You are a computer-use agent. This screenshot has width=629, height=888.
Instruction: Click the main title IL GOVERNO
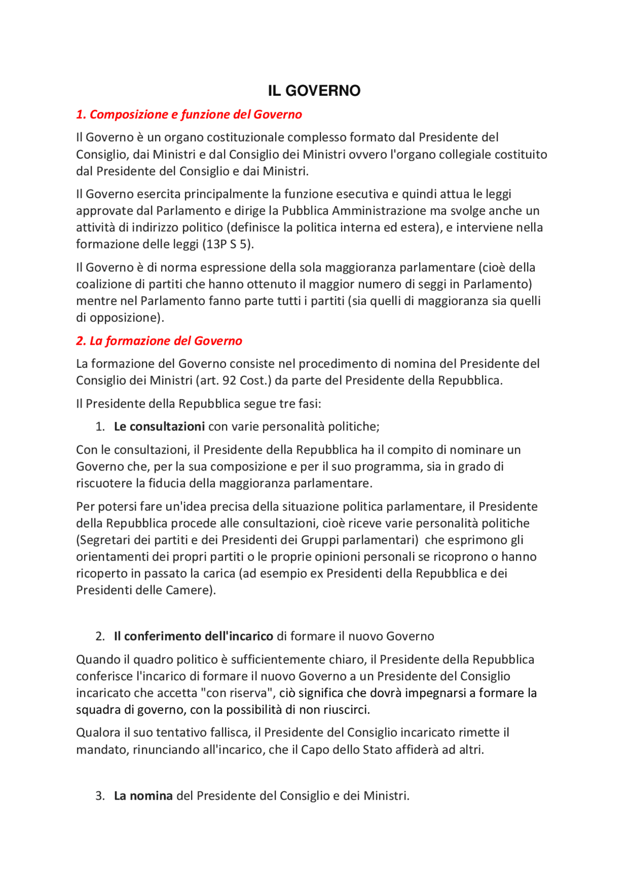click(314, 91)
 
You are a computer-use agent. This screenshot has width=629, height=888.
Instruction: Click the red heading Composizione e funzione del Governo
click(189, 114)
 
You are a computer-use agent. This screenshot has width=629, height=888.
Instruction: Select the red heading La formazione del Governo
click(159, 341)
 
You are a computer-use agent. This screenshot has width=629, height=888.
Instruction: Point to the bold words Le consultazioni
click(159, 426)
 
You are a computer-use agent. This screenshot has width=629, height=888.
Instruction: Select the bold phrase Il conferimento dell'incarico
click(193, 637)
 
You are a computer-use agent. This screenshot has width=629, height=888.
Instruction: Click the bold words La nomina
click(143, 796)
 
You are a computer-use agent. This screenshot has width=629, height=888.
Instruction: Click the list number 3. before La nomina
click(100, 796)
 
